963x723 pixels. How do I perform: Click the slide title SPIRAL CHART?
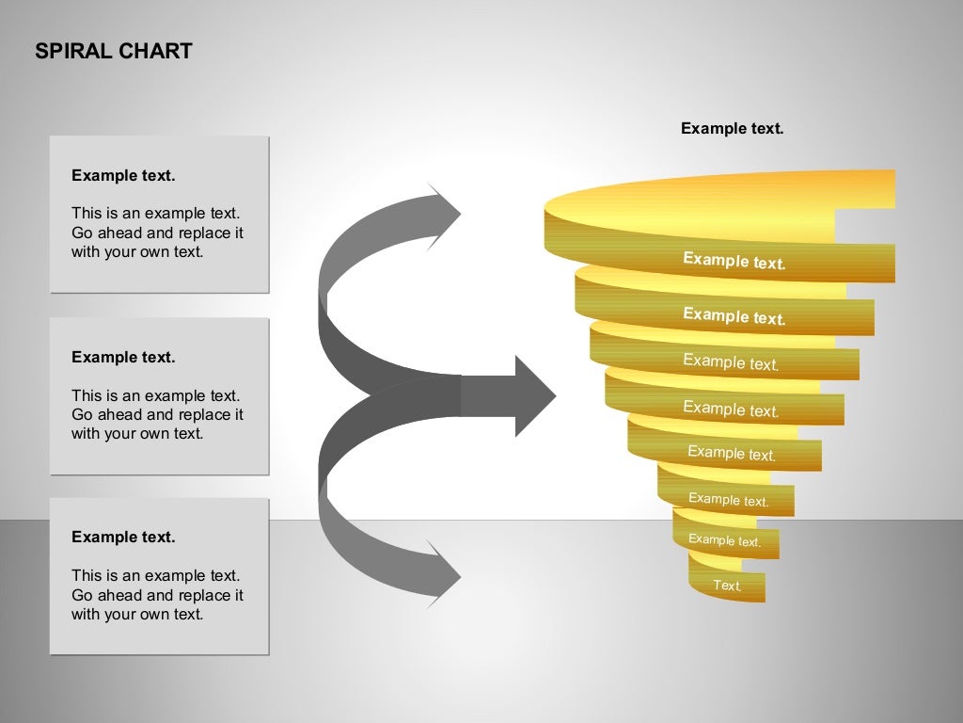[x=113, y=51]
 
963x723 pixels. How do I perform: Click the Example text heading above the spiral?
[x=732, y=128]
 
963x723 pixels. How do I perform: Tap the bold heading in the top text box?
[x=123, y=175]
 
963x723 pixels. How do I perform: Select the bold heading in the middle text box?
[x=123, y=357]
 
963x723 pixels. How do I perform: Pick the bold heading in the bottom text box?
[x=123, y=537]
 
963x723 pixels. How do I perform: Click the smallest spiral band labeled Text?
[x=727, y=586]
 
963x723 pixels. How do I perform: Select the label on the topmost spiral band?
[x=734, y=261]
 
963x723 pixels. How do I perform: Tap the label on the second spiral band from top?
[x=734, y=316]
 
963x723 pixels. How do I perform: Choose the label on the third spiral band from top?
[x=731, y=361]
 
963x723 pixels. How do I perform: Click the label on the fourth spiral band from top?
[x=731, y=409]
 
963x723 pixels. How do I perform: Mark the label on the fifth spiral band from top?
[x=731, y=453]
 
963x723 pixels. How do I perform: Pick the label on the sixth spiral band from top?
[x=728, y=500]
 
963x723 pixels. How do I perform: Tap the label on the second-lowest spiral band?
[x=724, y=540]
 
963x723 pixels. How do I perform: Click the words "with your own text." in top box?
[x=137, y=252]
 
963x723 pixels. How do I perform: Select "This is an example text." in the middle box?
[x=155, y=395]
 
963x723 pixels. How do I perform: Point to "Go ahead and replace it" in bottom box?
[x=157, y=595]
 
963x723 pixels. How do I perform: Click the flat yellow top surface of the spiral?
[x=715, y=198]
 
